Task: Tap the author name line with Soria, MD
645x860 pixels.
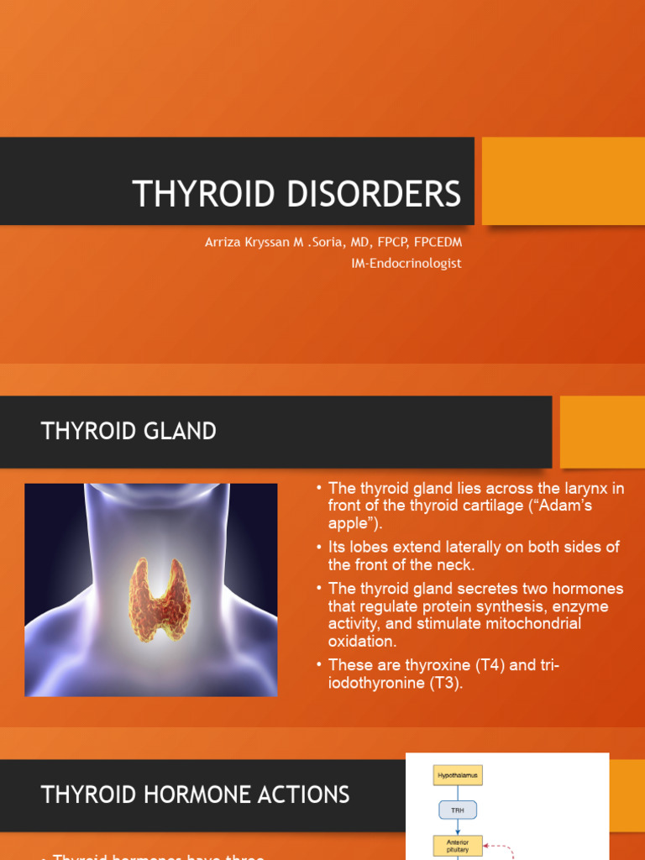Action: coord(333,242)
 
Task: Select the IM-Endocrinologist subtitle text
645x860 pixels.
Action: coord(406,263)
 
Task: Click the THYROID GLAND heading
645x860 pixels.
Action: coord(128,432)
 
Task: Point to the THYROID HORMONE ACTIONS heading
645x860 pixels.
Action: coord(195,794)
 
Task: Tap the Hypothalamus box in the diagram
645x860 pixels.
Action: coord(458,775)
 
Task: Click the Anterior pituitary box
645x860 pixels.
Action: coord(458,846)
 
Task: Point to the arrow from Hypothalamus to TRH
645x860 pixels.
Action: coord(458,794)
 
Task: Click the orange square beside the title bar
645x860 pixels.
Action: coord(563,181)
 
